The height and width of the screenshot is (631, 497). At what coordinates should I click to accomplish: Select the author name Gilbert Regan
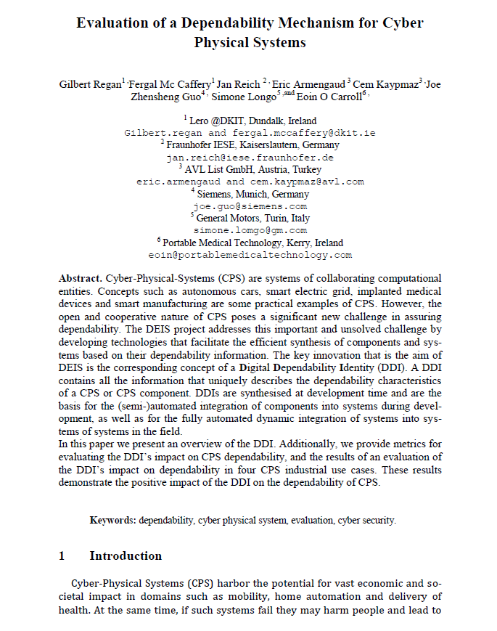90,84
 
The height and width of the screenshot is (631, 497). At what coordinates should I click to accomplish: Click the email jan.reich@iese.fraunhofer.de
250,157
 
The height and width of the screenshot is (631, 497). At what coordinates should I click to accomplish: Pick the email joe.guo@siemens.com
250,206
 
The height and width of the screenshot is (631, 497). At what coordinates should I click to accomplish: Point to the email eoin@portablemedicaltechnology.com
250,255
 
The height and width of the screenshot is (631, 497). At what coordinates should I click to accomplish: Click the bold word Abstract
80,278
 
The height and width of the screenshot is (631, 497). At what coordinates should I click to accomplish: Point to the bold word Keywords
112,520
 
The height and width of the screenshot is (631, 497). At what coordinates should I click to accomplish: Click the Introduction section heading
126,556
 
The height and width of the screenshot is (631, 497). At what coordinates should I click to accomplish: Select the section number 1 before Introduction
62,556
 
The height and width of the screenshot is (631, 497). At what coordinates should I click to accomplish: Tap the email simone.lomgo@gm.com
250,230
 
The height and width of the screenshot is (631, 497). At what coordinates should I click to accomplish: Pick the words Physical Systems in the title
250,42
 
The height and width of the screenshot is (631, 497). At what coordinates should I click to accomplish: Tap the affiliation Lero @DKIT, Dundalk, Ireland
252,121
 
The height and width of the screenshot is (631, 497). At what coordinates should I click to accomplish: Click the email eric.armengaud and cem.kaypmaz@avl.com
250,182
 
